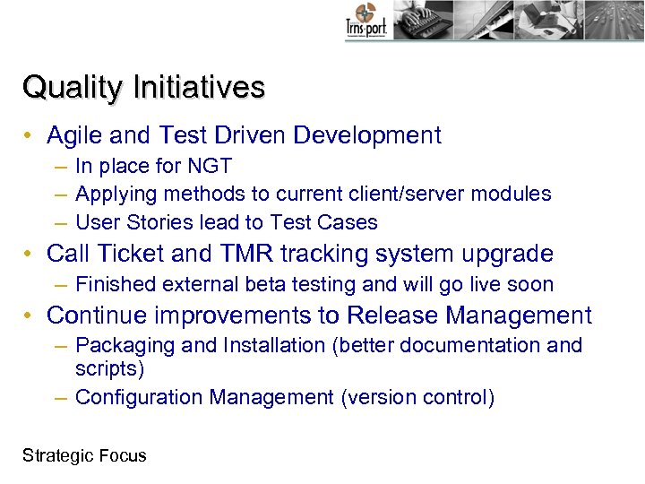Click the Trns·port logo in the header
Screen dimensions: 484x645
coord(366,22)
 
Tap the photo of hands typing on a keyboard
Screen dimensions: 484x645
coord(426,20)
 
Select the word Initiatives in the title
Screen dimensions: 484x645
coord(199,88)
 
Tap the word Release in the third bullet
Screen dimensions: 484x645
coord(392,315)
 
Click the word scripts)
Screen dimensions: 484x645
coord(109,367)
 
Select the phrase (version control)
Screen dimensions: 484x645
coord(417,397)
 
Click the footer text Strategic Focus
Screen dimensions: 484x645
coord(84,455)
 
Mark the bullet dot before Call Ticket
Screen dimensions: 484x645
coord(30,255)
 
